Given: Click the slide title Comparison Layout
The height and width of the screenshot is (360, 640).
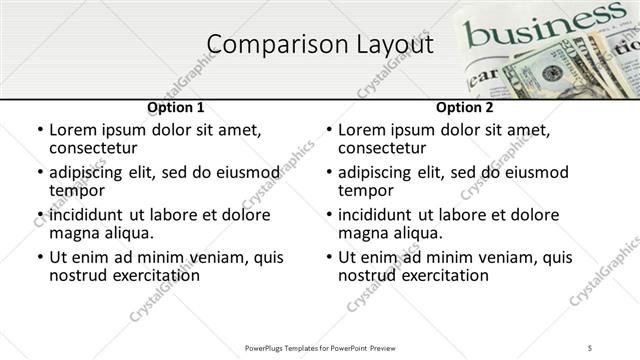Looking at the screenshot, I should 320,45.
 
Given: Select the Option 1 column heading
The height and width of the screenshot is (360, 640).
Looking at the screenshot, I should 175,107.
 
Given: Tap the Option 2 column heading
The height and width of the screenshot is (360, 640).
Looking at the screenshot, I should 464,107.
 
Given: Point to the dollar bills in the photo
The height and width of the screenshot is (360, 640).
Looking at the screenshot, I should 560,70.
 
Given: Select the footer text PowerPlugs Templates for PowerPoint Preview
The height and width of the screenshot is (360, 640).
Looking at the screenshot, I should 320,347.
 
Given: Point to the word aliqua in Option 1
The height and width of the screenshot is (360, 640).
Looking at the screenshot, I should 127,233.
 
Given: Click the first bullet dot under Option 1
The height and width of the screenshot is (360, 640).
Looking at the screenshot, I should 39,130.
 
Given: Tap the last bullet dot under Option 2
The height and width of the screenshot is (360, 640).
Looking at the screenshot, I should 328,257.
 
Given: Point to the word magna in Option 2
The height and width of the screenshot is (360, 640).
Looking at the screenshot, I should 361,233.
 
